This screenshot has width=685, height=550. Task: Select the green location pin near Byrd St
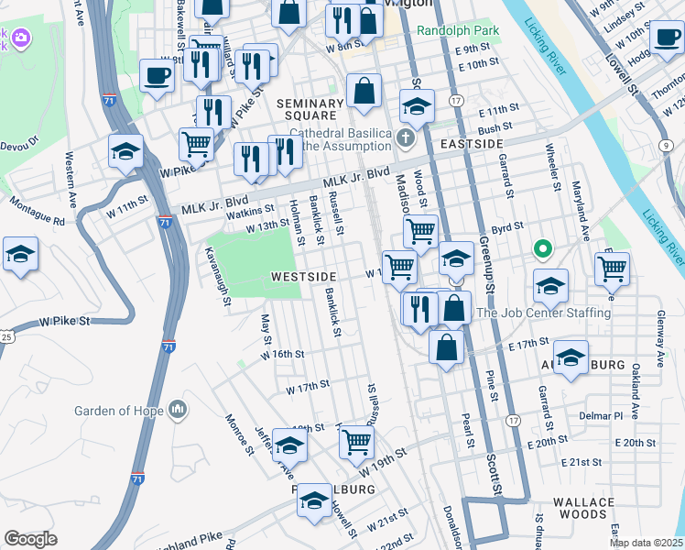pos(542,248)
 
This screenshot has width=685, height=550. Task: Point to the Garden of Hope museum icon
pos(177,408)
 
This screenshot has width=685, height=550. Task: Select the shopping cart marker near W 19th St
pos(356,441)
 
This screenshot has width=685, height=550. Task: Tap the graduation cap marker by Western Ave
pos(125,151)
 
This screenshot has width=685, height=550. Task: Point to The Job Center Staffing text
pos(543,313)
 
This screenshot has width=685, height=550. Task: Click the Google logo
pos(30,539)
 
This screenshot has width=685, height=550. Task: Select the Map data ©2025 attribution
pos(646,543)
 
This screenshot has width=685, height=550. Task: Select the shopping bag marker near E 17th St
pos(446,348)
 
